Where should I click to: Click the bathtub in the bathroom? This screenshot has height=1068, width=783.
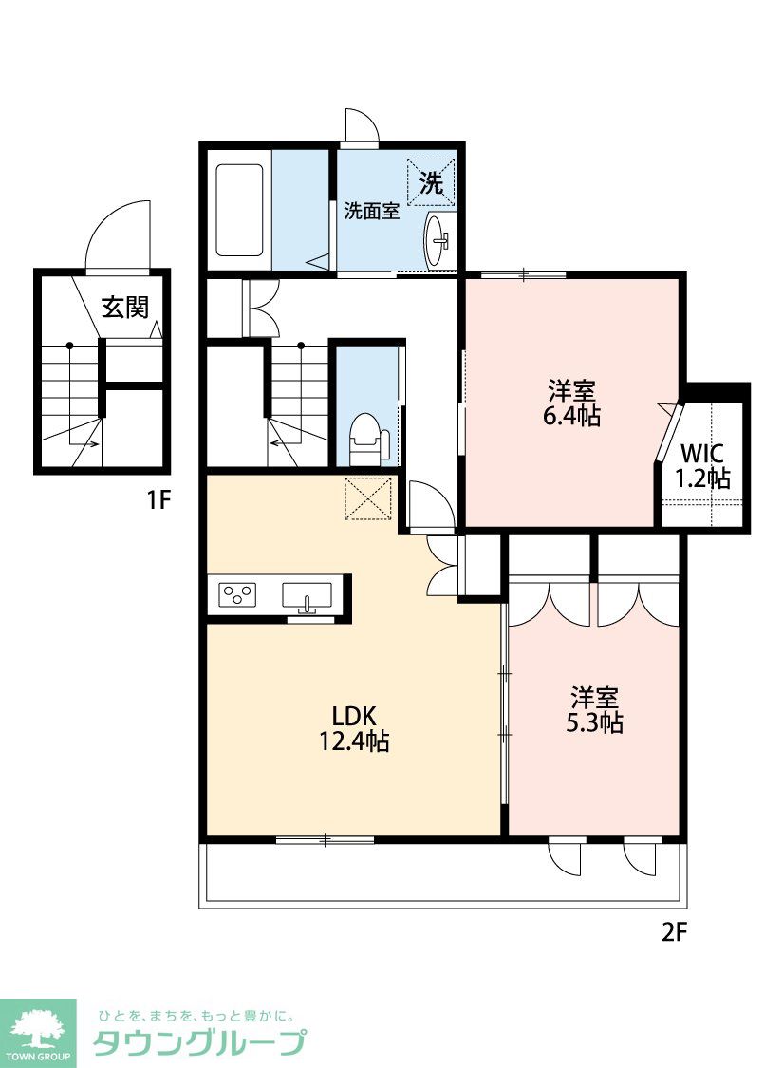239,210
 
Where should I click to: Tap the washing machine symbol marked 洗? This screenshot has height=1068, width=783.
430,182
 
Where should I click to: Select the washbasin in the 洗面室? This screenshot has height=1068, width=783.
437,240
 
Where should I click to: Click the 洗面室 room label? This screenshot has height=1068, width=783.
371,211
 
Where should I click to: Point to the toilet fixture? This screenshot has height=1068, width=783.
367,438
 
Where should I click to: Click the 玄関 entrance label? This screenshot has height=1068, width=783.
125,308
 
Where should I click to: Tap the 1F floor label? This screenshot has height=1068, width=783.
158,500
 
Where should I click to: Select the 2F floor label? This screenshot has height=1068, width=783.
675,932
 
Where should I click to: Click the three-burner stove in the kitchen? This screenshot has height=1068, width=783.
237,594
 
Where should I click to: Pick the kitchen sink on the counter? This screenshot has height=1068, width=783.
308,597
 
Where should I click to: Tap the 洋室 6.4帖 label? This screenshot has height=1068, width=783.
572,403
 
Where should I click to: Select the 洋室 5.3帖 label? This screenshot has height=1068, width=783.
594,710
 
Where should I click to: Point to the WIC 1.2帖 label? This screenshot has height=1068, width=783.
702,466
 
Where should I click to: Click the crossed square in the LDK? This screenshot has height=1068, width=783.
368,498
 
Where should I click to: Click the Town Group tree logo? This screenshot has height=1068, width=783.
38,1031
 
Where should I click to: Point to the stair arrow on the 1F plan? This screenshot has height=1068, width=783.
85,445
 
